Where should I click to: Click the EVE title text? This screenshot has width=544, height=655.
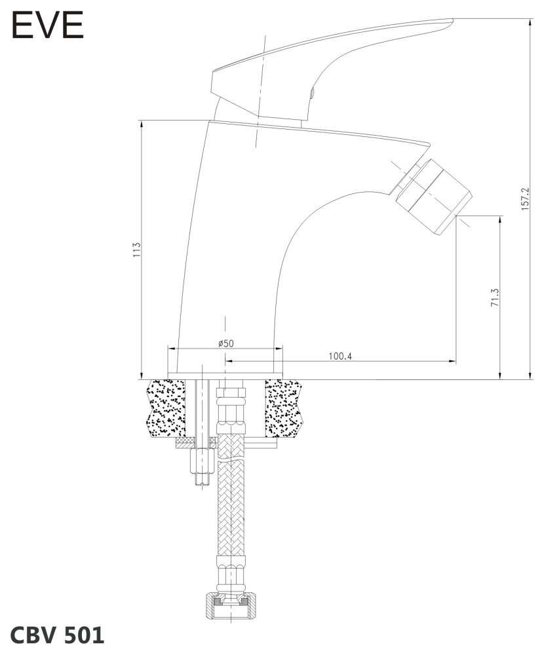click(x=47, y=26)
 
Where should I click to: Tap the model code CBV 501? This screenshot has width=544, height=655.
click(x=57, y=635)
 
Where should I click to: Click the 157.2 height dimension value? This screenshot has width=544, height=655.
click(x=526, y=198)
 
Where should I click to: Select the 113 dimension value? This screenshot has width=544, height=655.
click(x=136, y=250)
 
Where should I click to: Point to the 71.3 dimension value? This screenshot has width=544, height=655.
click(x=495, y=297)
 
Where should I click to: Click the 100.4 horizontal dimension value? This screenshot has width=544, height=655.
click(x=340, y=356)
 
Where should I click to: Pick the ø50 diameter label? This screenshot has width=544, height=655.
click(x=226, y=343)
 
